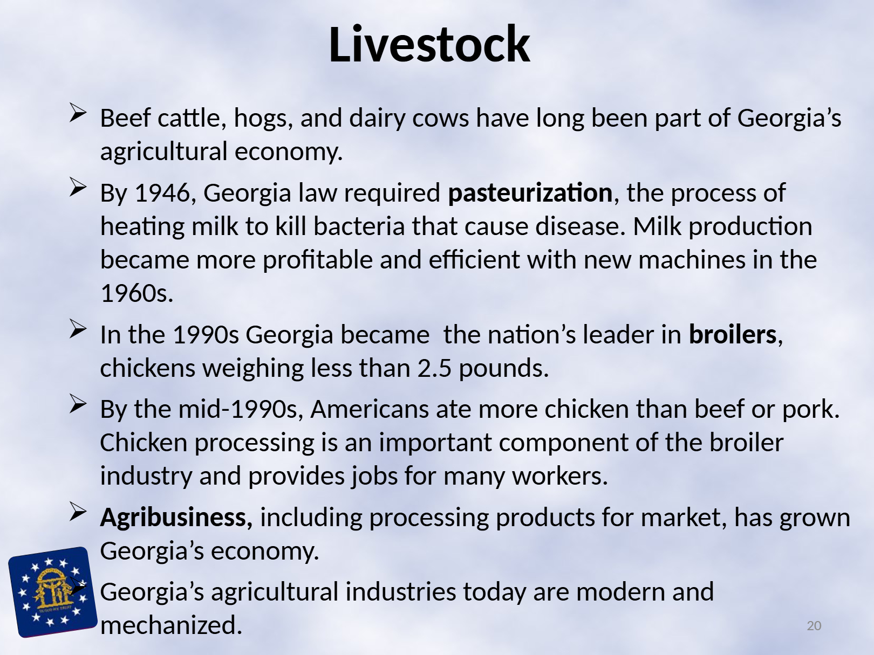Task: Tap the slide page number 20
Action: [814, 625]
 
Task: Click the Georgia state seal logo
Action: [52, 592]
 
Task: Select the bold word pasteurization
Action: [530, 193]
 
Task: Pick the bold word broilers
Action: [733, 334]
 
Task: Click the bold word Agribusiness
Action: [173, 518]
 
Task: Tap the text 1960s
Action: [137, 293]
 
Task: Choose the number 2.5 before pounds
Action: [434, 368]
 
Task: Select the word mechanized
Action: [171, 625]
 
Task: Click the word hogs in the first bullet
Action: [261, 119]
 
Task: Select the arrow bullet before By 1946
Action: [78, 187]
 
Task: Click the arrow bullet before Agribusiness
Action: [78, 512]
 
